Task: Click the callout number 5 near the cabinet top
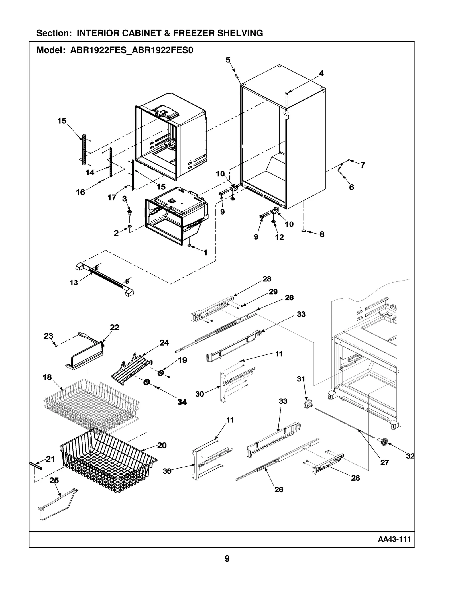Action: [228, 60]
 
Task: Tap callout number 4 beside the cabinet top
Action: [321, 74]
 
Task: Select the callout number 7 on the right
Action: [363, 165]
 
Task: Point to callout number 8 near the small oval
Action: [322, 234]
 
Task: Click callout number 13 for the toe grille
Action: [74, 283]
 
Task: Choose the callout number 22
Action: [115, 328]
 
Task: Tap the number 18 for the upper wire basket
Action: [47, 377]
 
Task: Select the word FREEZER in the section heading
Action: [194, 33]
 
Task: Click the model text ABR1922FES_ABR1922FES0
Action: [132, 50]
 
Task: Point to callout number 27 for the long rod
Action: [384, 462]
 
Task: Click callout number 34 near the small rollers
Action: [182, 402]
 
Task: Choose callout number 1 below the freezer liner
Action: [205, 252]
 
